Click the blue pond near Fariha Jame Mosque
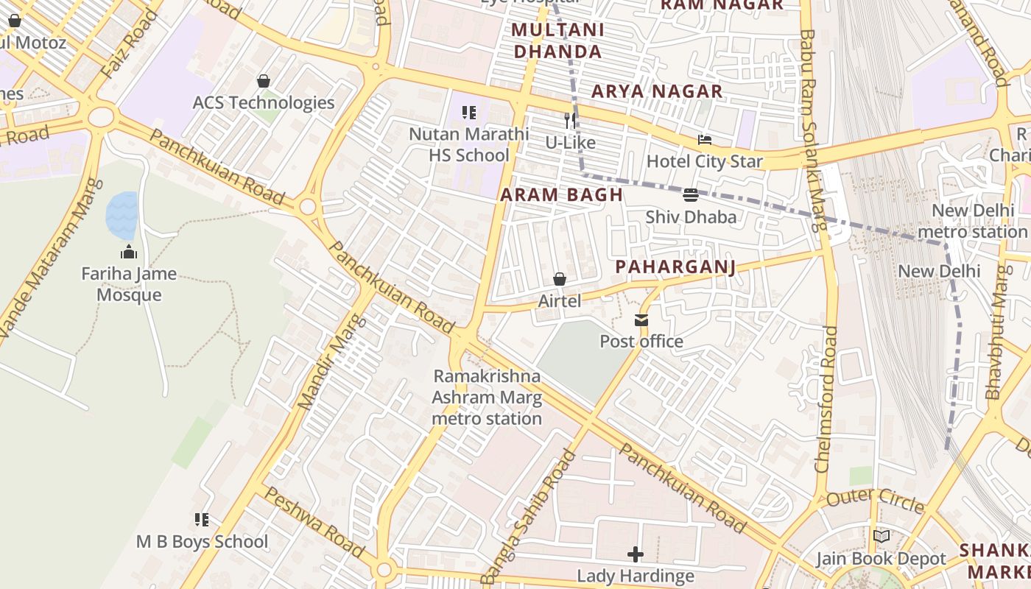(x=122, y=215)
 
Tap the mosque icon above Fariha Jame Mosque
(x=129, y=253)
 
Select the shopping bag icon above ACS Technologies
(x=264, y=81)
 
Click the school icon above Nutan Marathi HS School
(x=469, y=113)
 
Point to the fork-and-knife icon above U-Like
(x=570, y=121)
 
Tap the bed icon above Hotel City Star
(x=705, y=140)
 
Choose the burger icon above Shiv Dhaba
(x=691, y=195)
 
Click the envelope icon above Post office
(x=641, y=320)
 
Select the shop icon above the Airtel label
(x=560, y=279)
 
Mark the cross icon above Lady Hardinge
(x=636, y=554)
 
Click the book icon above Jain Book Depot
(x=881, y=537)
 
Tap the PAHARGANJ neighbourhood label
(x=675, y=267)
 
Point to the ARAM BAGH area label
(x=562, y=195)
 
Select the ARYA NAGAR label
(x=657, y=91)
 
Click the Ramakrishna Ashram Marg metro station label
(x=487, y=398)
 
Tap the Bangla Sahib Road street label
(x=529, y=515)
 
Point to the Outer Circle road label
(x=875, y=501)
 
